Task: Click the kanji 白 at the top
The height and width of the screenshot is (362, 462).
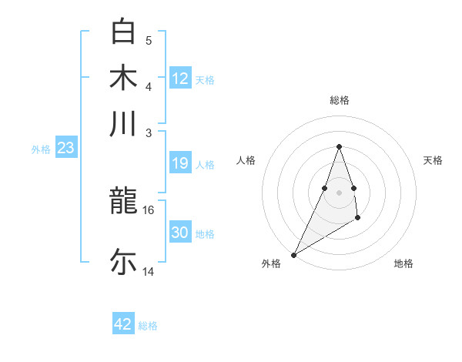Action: pyautogui.click(x=123, y=32)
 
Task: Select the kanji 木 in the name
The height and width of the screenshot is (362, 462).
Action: pyautogui.click(x=123, y=78)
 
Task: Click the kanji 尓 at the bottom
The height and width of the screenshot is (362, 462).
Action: pyautogui.click(x=123, y=261)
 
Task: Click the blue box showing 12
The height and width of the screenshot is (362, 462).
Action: pyautogui.click(x=180, y=79)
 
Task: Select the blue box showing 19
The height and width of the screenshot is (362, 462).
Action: pyautogui.click(x=180, y=163)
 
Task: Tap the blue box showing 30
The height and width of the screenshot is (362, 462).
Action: pyautogui.click(x=180, y=233)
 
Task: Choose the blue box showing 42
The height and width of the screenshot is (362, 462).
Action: pyautogui.click(x=123, y=324)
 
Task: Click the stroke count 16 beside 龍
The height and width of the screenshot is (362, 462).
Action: pyautogui.click(x=149, y=209)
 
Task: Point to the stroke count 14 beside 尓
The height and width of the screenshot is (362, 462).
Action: pyautogui.click(x=149, y=271)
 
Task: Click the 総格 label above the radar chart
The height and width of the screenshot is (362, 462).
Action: pyautogui.click(x=339, y=100)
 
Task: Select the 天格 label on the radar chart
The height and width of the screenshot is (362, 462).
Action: pyautogui.click(x=433, y=160)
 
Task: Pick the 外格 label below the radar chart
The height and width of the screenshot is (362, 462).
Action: pyautogui.click(x=271, y=263)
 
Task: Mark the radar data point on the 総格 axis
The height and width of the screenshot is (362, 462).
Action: pyautogui.click(x=339, y=146)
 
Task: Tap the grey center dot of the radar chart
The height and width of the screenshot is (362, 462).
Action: pyautogui.click(x=339, y=192)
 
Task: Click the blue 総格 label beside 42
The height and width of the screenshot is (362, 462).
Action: pyautogui.click(x=148, y=326)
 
